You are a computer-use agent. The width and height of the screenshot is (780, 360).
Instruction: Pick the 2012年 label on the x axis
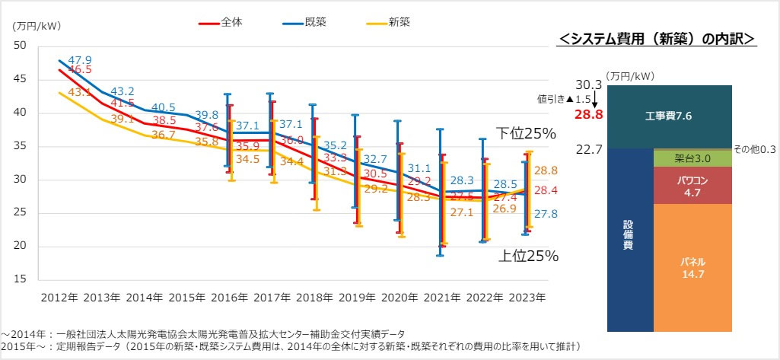click(x=59, y=295)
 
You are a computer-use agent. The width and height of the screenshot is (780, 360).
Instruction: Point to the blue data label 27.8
click(x=546, y=215)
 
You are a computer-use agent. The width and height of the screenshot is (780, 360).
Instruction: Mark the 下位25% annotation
click(x=527, y=134)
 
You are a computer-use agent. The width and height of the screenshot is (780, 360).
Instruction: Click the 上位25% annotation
click(x=528, y=256)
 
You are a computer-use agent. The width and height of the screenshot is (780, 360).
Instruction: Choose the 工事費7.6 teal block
click(x=667, y=116)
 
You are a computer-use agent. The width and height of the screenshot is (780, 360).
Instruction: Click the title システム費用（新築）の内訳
click(x=656, y=38)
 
